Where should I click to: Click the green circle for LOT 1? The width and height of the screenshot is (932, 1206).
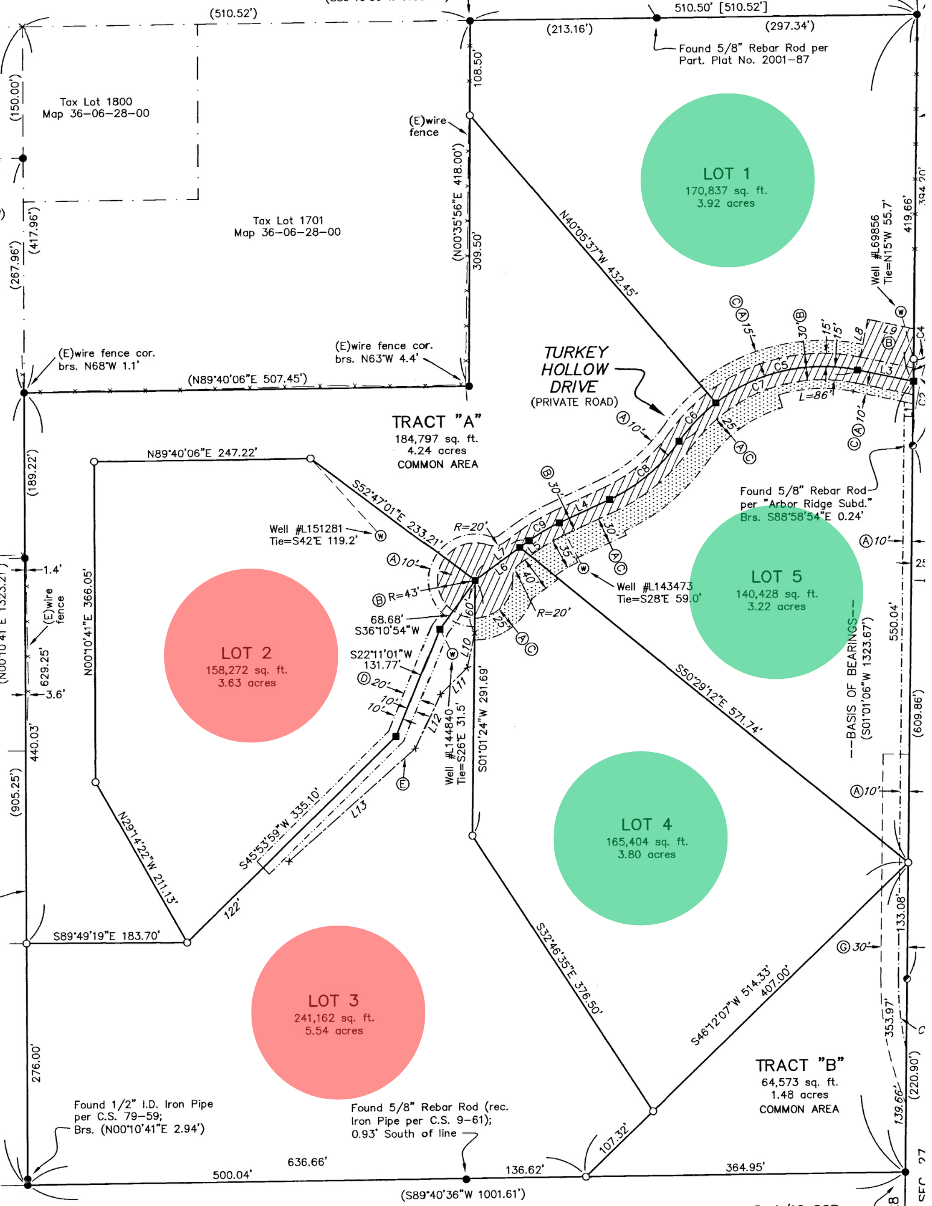pyautogui.click(x=727, y=180)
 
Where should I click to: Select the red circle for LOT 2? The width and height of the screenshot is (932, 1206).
pyautogui.click(x=250, y=655)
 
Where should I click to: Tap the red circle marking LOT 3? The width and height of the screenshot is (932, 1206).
pyautogui.click(x=338, y=1012)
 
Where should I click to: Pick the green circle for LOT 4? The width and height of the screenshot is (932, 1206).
pyautogui.click(x=640, y=838)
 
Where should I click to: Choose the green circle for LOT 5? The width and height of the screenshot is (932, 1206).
pyautogui.click(x=776, y=592)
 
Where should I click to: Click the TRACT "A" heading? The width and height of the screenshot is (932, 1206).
pyautogui.click(x=436, y=422)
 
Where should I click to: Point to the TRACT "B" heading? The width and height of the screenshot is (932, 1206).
pyautogui.click(x=799, y=1066)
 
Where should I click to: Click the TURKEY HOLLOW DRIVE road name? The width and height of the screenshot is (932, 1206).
pyautogui.click(x=574, y=370)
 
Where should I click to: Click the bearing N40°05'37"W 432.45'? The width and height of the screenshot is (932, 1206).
pyautogui.click(x=597, y=254)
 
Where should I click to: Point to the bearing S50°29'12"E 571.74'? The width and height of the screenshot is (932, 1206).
pyautogui.click(x=718, y=699)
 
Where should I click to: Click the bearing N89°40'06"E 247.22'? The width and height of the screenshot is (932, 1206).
pyautogui.click(x=201, y=453)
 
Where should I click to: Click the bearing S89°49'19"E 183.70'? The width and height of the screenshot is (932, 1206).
pyautogui.click(x=106, y=936)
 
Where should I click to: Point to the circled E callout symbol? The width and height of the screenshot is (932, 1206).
pyautogui.click(x=402, y=784)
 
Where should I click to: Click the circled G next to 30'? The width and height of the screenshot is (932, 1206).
pyautogui.click(x=843, y=947)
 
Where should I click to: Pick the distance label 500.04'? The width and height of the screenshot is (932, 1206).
pyautogui.click(x=232, y=1175)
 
